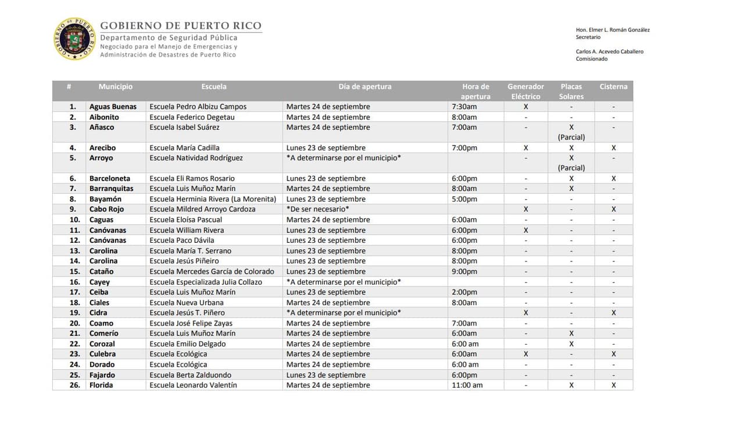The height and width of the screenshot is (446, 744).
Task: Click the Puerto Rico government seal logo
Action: coord(74,39)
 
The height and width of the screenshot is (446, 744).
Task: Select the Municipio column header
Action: coord(115,87)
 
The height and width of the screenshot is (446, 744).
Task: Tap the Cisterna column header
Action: coord(613,87)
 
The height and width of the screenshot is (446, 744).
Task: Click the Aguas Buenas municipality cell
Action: coord(113,107)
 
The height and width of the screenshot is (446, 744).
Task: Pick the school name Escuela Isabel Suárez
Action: coord(184,128)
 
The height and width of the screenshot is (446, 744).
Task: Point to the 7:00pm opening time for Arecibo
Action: coord(464,148)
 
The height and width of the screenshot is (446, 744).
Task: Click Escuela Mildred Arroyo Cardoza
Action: coord(202,210)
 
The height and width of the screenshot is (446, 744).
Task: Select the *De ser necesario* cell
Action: coord(318,210)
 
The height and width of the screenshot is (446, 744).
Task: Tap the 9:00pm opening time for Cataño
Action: coord(464,272)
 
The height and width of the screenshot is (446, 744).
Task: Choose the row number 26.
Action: coord(74,385)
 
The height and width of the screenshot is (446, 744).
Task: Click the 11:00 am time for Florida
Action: coord(467,385)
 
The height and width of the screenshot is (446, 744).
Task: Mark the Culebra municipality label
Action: coord(102,354)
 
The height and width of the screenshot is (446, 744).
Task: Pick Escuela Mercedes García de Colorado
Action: coord(212,272)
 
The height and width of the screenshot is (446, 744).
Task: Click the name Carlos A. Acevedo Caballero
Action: coord(609,52)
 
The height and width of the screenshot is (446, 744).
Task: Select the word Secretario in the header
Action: coord(588,37)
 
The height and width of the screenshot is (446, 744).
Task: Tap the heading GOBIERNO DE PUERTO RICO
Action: coord(181,26)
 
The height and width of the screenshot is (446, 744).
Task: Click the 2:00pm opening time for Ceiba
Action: coord(464,292)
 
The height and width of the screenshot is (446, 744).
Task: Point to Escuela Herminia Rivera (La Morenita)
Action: coord(213,199)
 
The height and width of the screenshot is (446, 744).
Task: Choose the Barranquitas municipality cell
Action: coord(111,189)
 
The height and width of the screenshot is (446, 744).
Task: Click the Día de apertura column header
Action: coord(365,87)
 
